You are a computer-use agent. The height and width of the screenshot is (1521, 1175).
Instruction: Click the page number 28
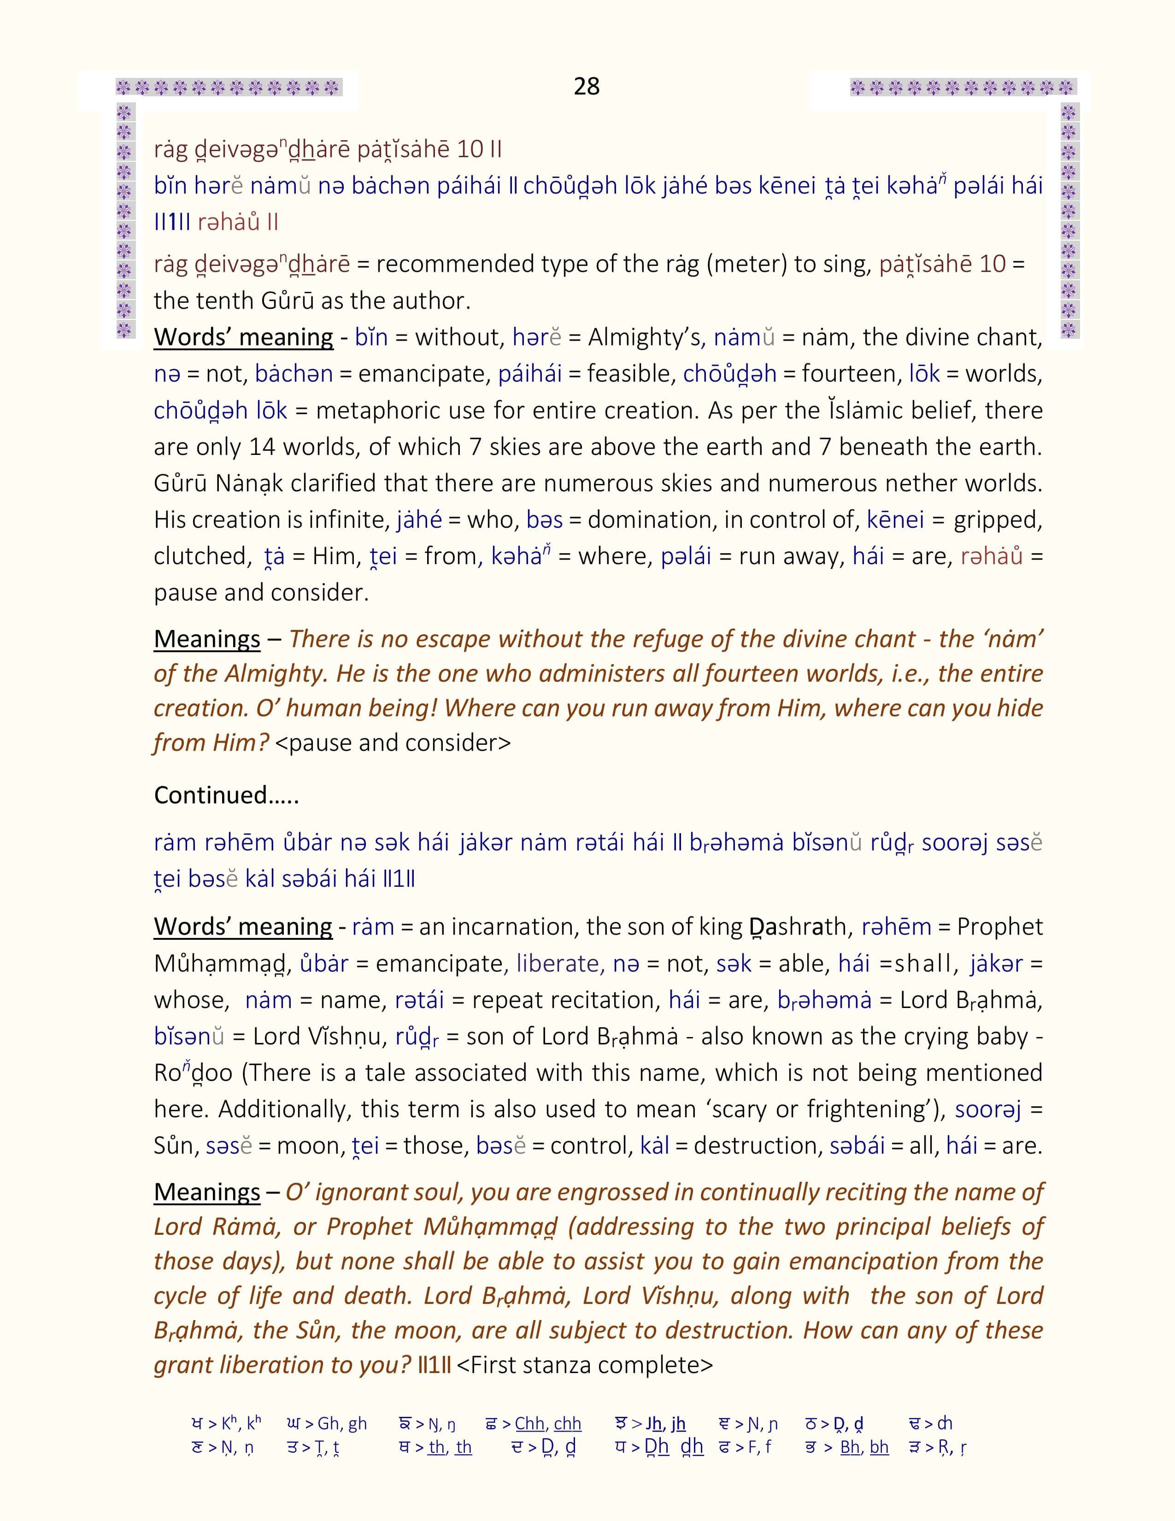point(586,86)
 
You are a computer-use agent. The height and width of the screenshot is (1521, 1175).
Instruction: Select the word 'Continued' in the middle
point(211,796)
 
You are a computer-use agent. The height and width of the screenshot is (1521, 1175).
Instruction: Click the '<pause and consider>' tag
point(394,743)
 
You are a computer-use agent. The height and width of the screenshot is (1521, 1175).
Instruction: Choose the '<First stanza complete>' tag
point(585,1365)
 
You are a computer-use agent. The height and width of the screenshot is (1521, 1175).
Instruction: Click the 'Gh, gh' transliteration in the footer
point(342,1423)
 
